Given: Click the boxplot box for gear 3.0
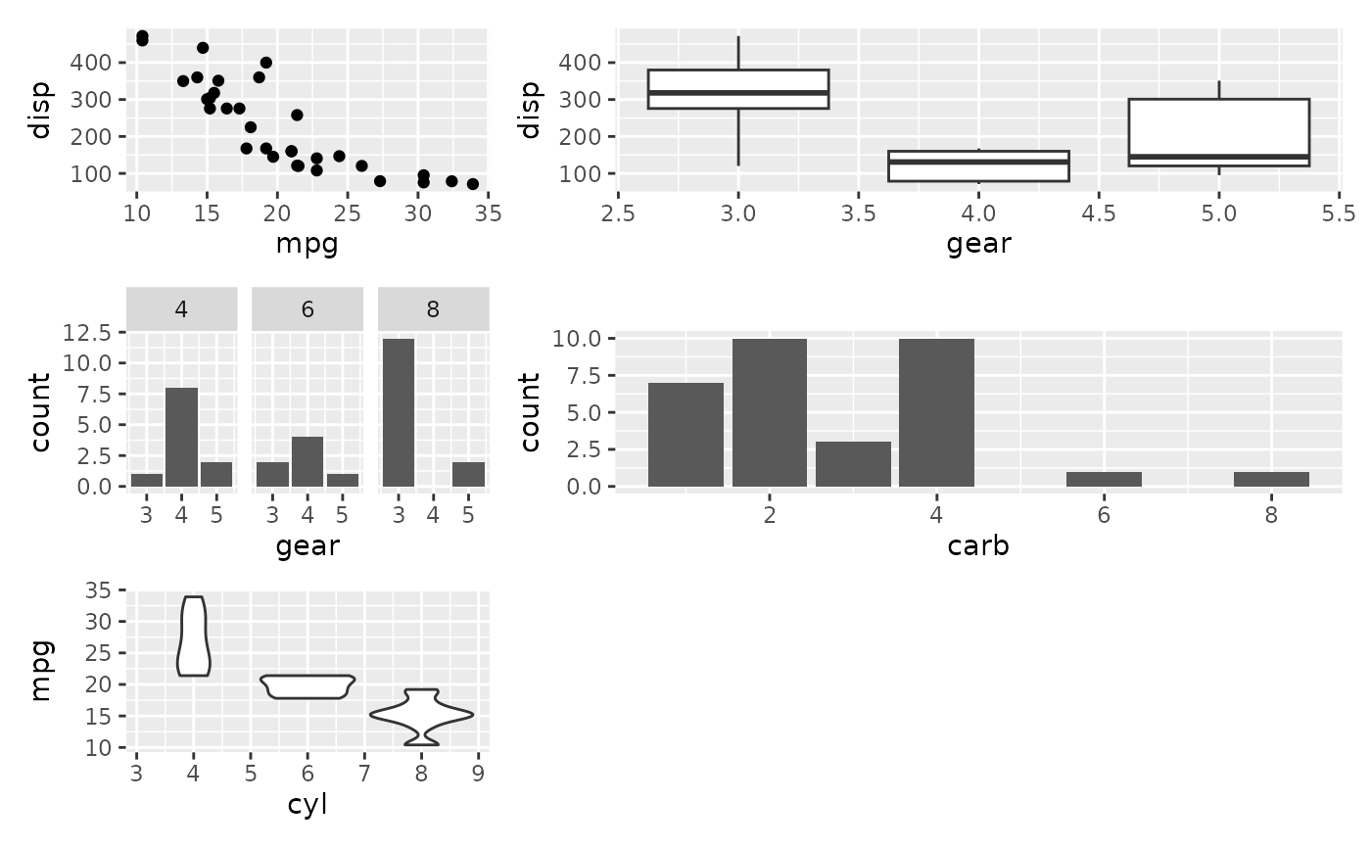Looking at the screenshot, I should [737, 89].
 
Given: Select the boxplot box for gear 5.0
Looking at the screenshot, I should [1218, 132].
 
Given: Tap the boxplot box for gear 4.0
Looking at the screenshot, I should [978, 165].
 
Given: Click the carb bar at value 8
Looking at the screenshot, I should [1271, 479].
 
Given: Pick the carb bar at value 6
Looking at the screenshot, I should [1104, 479].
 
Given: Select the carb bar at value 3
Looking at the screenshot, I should [853, 464].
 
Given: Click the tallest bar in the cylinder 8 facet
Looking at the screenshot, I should [399, 412].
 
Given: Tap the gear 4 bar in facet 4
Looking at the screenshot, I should [181, 437].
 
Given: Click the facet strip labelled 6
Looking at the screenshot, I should [307, 309].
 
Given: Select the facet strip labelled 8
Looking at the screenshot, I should [433, 309].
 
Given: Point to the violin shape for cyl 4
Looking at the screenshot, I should [193, 636].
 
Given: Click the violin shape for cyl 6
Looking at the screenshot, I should [307, 686].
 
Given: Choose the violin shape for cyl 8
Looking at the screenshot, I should [421, 717].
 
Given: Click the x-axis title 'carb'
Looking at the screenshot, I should [978, 546].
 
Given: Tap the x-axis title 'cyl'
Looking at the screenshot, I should [307, 805].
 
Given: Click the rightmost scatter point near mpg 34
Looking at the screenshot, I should [473, 184].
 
